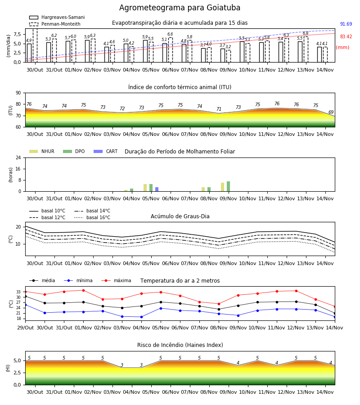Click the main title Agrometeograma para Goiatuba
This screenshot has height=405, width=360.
pyautogui.click(x=180, y=8)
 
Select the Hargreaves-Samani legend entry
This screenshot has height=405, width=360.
pyautogui.click(x=57, y=17)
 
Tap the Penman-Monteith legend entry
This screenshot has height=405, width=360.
pyautogui.click(x=55, y=24)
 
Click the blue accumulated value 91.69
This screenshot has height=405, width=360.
pyautogui.click(x=346, y=24)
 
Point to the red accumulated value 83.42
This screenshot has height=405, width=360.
pyautogui.click(x=346, y=37)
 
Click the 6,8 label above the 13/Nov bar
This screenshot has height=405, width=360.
pyautogui.click(x=306, y=33)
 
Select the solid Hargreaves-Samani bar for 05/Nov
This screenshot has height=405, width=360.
pyautogui.click(x=145, y=51)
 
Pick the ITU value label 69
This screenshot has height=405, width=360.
pyautogui.click(x=331, y=112)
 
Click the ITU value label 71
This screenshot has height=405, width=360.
pyautogui.click(x=219, y=109)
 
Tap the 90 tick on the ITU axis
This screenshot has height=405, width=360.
pyautogui.click(x=18, y=93)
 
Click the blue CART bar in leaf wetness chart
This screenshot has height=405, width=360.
pyautogui.click(x=157, y=189)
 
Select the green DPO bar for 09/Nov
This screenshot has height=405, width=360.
pyautogui.click(x=228, y=186)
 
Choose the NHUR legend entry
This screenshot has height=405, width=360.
pyautogui.click(x=41, y=151)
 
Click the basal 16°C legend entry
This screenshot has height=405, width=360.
pyautogui.click(x=92, y=217)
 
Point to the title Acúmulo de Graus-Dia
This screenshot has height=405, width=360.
pyautogui.click(x=180, y=216)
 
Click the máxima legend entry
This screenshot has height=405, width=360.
pyautogui.click(x=116, y=280)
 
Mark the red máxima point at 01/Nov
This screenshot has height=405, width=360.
pyautogui.click(x=83, y=290)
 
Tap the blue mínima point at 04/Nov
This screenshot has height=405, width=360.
pyautogui.click(x=141, y=317)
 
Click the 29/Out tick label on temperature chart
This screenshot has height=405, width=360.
pyautogui.click(x=25, y=328)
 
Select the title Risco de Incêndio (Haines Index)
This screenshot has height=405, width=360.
pyautogui.click(x=180, y=345)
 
